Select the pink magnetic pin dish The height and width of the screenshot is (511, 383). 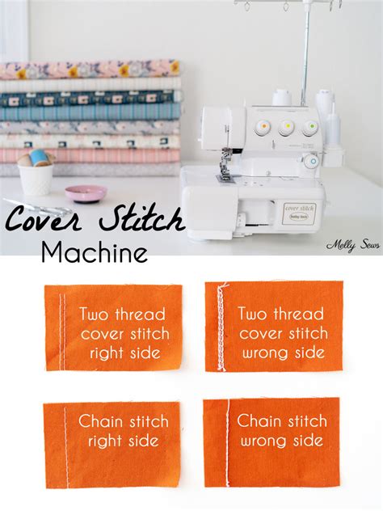[x=85, y=193]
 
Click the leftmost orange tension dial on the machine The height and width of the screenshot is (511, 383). [x=261, y=127]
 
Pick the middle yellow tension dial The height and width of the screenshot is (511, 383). [x=285, y=128]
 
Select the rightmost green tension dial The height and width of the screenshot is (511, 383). [x=309, y=128]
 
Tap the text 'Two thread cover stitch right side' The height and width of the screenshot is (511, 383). [x=121, y=333]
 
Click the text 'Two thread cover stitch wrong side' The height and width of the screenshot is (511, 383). [x=282, y=333]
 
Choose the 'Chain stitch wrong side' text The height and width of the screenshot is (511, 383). [x=281, y=431]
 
